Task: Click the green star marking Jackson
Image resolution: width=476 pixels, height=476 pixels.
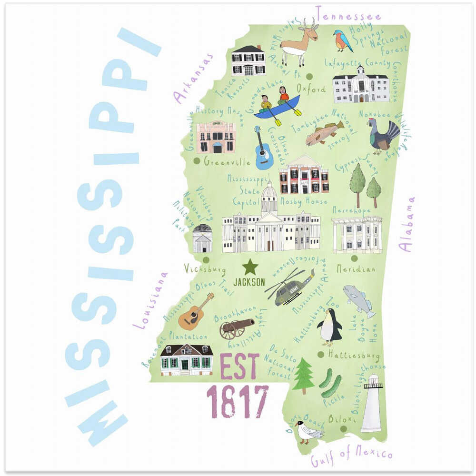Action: coord(249,267)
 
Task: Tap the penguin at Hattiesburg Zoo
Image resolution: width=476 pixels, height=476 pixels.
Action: coord(329,327)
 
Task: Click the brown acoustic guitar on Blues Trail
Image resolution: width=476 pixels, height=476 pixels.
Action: coord(194,313)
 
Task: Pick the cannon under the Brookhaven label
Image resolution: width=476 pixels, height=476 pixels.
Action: coord(235,327)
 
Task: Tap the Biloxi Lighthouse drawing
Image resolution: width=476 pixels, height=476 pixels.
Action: coord(372,404)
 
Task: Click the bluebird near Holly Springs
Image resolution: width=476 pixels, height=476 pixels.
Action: coord(342,41)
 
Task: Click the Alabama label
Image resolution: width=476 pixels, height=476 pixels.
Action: coord(407,224)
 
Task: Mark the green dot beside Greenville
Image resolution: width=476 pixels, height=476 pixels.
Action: coord(197,161)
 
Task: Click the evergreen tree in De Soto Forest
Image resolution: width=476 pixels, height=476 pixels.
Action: coord(303,376)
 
